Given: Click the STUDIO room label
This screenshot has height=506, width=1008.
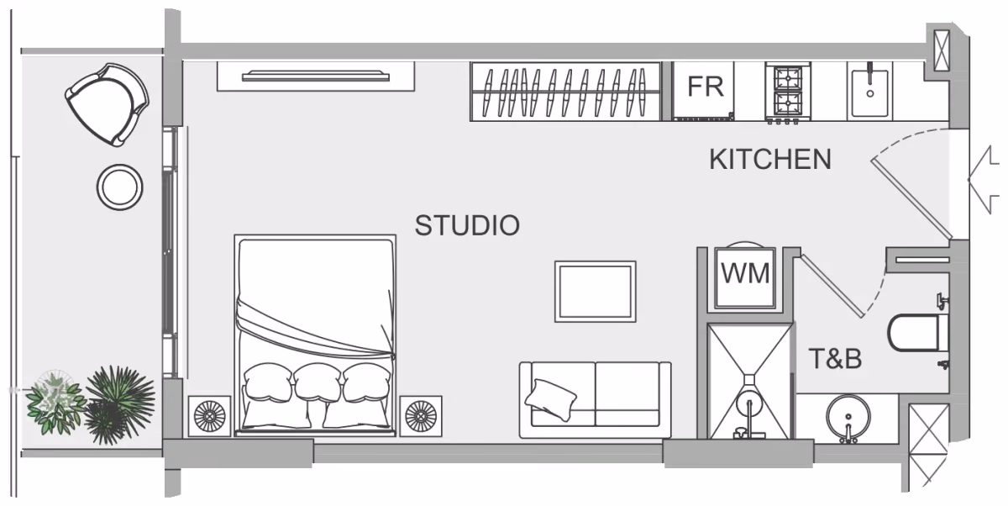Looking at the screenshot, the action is pos(467,225).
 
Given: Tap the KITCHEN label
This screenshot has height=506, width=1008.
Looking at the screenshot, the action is pos(770,160).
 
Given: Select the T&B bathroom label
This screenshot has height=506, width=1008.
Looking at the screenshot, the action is pos(835,359).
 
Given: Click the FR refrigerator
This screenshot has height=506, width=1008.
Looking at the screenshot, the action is pos(704,92).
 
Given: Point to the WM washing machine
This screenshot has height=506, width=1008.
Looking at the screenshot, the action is pos(745,277).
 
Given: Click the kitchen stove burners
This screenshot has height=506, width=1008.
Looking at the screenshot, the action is pos(788,92).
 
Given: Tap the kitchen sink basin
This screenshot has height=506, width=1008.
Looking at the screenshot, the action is pos(870,93).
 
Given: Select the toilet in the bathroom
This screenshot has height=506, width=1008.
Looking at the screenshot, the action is pos(918,333).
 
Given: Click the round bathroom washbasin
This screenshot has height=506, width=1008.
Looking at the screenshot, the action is pos(848,417).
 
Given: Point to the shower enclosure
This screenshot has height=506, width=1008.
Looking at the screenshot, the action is pos(749,381).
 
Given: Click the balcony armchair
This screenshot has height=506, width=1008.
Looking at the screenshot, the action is pos(108,104).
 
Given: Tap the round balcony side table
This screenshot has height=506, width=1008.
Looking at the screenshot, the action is pos(119,187).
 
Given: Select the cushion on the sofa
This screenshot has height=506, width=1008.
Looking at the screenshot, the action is pos(550,399).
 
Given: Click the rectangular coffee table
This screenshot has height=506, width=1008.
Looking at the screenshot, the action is pos(596,292).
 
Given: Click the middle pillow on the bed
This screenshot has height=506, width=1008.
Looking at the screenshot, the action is pos(318,382).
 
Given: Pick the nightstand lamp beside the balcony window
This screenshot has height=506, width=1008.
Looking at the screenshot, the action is pos(210,416).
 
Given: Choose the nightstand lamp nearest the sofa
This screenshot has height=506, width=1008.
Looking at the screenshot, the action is pos(421,416).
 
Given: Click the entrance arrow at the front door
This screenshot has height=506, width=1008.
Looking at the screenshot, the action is pos(984,180).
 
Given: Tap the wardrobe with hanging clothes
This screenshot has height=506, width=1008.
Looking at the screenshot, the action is pos(565,92).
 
